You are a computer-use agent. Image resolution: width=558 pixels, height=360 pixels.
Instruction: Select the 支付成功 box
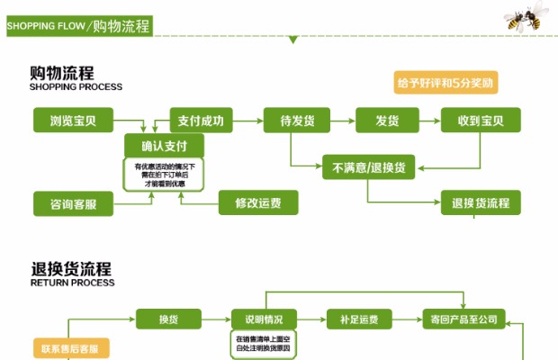pos(202,120)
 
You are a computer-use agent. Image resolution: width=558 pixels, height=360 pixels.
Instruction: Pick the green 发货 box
pos(387,120)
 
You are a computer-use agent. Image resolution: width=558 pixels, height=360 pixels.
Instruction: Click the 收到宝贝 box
pos(479,120)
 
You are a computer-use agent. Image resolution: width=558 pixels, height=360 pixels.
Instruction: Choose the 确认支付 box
pos(165,145)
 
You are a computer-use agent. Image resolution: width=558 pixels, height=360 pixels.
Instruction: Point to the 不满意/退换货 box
pos(368,167)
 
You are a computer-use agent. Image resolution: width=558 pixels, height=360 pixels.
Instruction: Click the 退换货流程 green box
pos(481,202)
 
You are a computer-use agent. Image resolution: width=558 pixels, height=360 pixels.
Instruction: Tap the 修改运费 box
pos(257,202)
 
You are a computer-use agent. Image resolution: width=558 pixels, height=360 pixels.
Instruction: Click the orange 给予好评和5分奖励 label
pos(446,83)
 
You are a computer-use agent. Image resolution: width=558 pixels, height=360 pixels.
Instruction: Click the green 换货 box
pos(167,319)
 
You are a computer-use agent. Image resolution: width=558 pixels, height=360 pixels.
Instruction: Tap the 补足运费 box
pos(358,319)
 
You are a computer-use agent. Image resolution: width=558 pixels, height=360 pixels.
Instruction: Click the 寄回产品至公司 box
pos(463,319)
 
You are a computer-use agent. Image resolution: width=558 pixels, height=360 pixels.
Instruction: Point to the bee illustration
pos(527,16)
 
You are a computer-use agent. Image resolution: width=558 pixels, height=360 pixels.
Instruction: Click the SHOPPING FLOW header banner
pos(78,25)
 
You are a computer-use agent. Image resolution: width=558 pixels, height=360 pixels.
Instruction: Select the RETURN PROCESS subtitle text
pos(73,283)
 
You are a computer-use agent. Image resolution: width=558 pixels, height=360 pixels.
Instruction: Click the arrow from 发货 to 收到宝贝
pos(429,120)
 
